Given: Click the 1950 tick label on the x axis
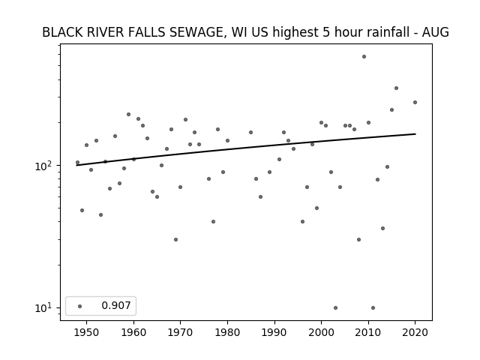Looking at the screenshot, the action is pyautogui.click(x=87, y=332).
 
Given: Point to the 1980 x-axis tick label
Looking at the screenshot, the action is pyautogui.click(x=227, y=332).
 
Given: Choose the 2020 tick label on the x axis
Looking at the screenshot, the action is pyautogui.click(x=415, y=332).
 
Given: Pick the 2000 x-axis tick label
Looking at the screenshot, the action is pyautogui.click(x=322, y=332).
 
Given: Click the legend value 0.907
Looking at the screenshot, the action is pyautogui.click(x=116, y=305).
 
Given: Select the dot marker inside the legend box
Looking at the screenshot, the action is pyautogui.click(x=80, y=306).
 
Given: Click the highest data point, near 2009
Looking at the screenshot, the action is pyautogui.click(x=364, y=57).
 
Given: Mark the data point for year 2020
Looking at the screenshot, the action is pyautogui.click(x=415, y=102).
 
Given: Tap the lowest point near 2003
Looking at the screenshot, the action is pyautogui.click(x=335, y=307).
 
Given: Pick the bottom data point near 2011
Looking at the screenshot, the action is pyautogui.click(x=373, y=307).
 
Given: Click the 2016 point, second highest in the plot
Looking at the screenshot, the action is pyautogui.click(x=396, y=88).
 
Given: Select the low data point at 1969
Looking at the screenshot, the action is pyautogui.click(x=175, y=239).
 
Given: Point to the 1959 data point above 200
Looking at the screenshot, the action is pyautogui.click(x=128, y=114).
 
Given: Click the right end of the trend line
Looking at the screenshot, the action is pyautogui.click(x=415, y=133).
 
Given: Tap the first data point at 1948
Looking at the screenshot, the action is pyautogui.click(x=77, y=163).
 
